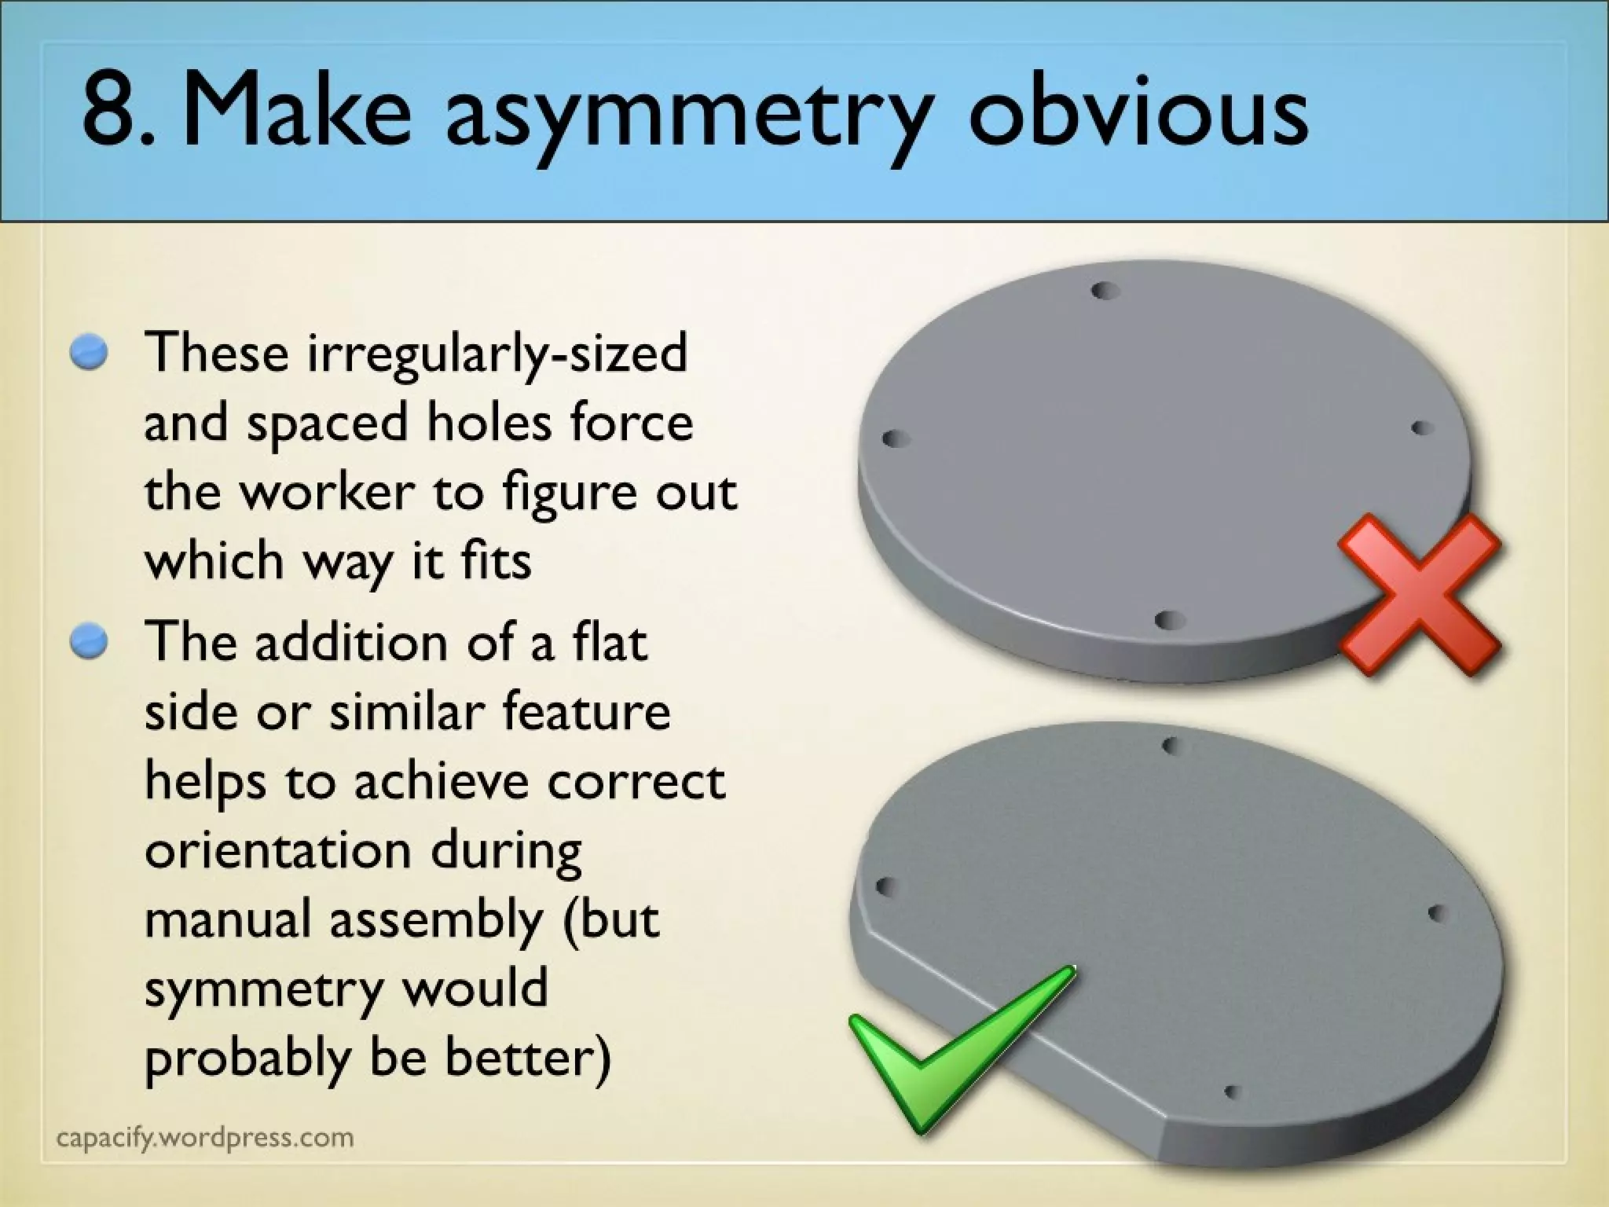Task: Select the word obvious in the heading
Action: [x=1138, y=112]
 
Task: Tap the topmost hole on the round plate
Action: [x=1105, y=291]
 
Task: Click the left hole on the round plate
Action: [x=892, y=438]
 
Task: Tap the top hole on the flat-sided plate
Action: [x=1171, y=744]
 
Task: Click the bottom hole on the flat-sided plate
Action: [x=1231, y=1092]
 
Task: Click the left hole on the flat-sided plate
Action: [x=884, y=886]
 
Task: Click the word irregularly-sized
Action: [x=497, y=354]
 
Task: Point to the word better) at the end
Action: [x=527, y=1058]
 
